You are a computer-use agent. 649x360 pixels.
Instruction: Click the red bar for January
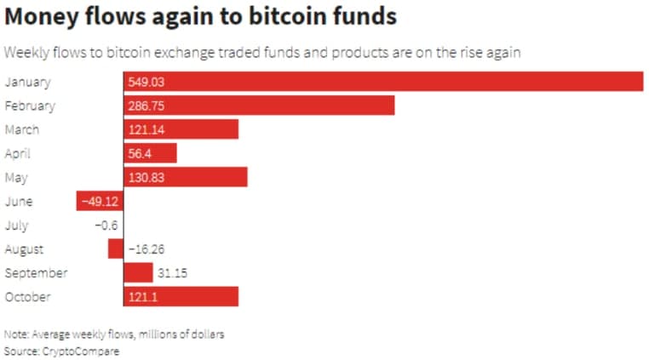[x=383, y=82]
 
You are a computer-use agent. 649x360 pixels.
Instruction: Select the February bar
[x=259, y=106]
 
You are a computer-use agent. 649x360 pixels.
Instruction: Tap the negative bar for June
[x=100, y=201]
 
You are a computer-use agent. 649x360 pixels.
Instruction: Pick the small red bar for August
[x=115, y=249]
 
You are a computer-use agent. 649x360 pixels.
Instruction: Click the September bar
[x=138, y=272]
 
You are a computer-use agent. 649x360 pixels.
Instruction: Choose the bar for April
[x=150, y=153]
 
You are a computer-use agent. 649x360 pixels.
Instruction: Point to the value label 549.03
[x=146, y=82]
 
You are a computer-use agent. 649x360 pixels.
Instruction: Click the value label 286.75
[x=146, y=106]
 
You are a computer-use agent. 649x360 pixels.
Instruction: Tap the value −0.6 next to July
[x=106, y=226]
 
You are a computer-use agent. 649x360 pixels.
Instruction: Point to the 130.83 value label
[x=146, y=177]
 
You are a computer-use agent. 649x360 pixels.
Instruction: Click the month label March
[x=21, y=129]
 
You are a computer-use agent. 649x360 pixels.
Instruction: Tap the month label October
[x=27, y=296]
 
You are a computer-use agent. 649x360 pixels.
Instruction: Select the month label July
[x=16, y=226]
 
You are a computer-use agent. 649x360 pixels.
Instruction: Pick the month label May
[x=16, y=177]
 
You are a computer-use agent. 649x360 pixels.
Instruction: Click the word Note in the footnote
[x=15, y=334]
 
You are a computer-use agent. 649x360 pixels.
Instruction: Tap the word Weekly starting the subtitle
[x=27, y=53]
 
